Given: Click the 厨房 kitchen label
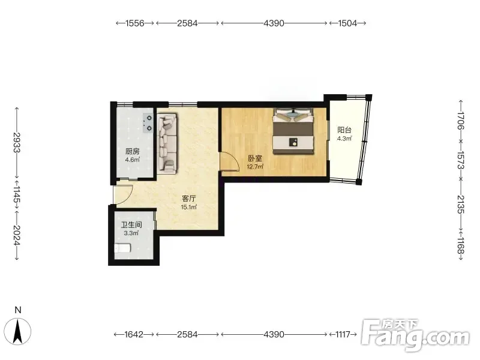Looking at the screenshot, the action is tap(133, 151).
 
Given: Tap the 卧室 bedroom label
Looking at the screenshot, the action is tap(255, 158).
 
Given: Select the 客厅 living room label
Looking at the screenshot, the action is tap(189, 199).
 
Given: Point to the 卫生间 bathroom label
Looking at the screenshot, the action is tap(131, 225).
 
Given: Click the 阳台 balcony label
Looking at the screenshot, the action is tap(344, 130).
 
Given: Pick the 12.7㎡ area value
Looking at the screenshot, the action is tap(255, 167).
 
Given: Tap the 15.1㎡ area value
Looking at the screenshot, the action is tap(189, 207).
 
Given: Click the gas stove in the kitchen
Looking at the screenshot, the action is tap(148, 123).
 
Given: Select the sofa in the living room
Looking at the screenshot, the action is tap(167, 143).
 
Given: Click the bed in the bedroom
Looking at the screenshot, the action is tap(293, 131).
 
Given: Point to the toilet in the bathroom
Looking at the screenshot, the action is tap(123, 248).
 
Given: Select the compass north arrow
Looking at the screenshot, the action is tap(18, 331).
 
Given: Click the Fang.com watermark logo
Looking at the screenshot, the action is tap(415, 335).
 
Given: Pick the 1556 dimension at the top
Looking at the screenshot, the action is tap(134, 23).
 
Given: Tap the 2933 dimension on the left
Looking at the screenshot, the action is tap(17, 142).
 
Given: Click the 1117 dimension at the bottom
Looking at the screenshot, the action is tap(343, 334).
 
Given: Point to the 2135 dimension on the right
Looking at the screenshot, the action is tap(461, 204).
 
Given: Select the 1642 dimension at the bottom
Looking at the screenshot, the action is tap(134, 334).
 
